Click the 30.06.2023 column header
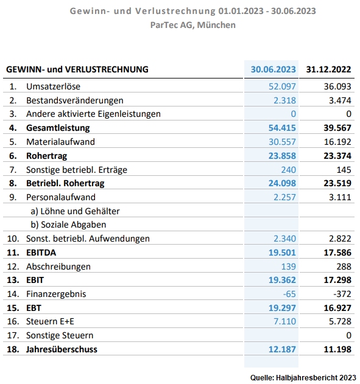coord(273,69)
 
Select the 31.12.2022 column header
coord(328,69)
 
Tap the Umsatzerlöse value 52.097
coord(282,86)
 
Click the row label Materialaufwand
coord(60,142)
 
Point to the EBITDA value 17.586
coord(337,253)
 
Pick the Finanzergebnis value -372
coord(342,294)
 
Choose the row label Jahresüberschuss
coord(62,349)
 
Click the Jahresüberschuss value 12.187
coord(282,349)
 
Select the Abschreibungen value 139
coord(289,267)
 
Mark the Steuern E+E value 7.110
coord(284,321)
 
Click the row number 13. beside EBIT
coord(13,280)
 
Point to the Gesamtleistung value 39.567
coord(337,128)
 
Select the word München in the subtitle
coord(216,25)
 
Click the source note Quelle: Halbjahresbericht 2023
coord(303,377)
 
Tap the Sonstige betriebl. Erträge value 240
coord(289,170)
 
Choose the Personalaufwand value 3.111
coord(340,197)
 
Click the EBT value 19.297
coord(282,308)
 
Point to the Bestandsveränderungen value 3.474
coord(340,100)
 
